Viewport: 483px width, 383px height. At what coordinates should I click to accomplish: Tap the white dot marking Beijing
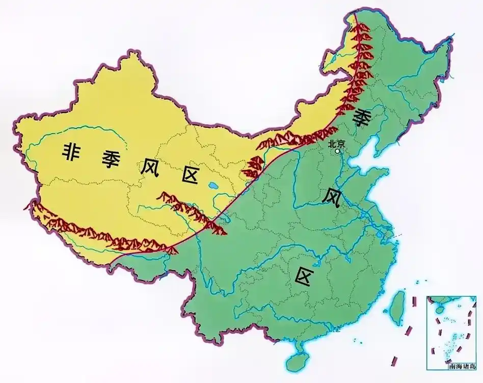pos(337,151)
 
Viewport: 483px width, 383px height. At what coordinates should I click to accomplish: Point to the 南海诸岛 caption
pos(462,365)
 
